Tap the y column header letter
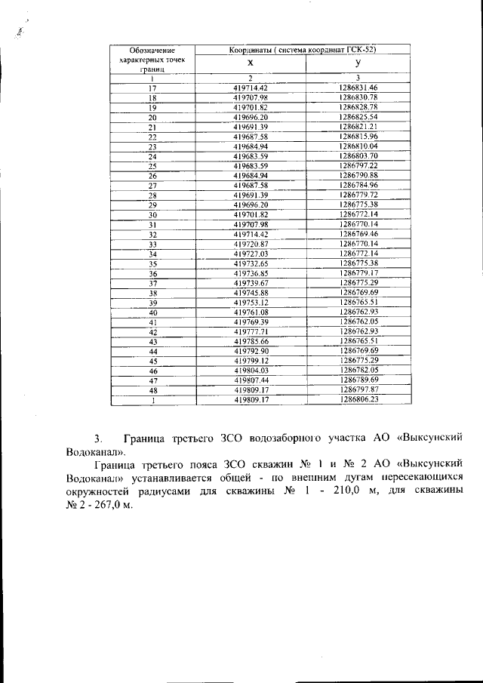coord(358,63)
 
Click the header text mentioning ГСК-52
coord(303,50)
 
